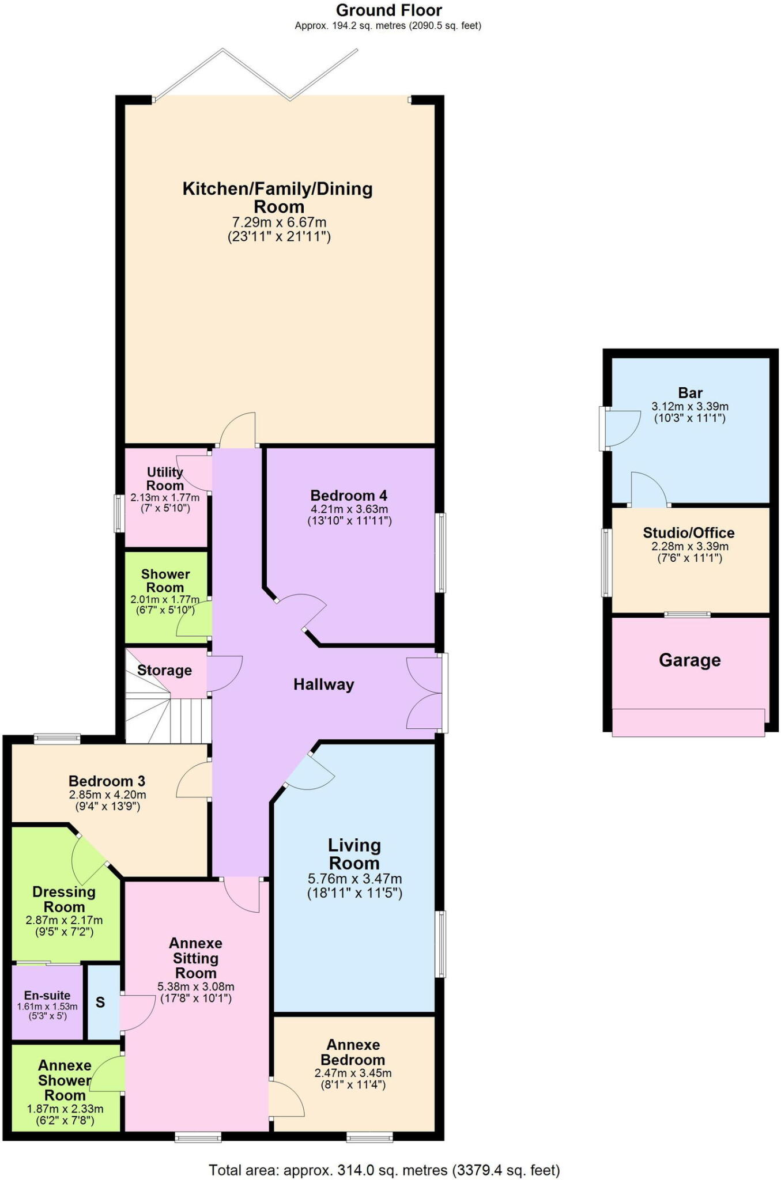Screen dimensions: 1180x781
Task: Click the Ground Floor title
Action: coord(389,10)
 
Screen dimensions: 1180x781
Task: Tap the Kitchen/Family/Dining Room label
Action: coord(278,197)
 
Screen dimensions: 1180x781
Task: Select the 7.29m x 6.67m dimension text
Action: coord(279,222)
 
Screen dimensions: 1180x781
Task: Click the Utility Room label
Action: coord(165,479)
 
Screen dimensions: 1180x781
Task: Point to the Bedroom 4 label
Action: coord(349,496)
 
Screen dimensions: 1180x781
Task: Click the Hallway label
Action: coord(323,684)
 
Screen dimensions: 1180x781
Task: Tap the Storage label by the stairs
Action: coord(164,670)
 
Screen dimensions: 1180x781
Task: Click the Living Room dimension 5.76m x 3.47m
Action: coord(354,879)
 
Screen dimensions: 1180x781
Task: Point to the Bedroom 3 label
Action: coord(107,781)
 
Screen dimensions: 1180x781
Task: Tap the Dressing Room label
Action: coord(64,899)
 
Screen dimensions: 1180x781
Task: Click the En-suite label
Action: coord(47,995)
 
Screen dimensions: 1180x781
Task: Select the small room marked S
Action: coord(101,1003)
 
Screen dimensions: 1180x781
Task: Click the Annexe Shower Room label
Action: coord(65,1080)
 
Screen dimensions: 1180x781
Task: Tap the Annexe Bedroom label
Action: coord(353,1052)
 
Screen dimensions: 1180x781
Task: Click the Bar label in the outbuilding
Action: coord(690,393)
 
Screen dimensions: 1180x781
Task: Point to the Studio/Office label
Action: coord(689,532)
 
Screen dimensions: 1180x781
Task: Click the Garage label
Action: coord(689,660)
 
